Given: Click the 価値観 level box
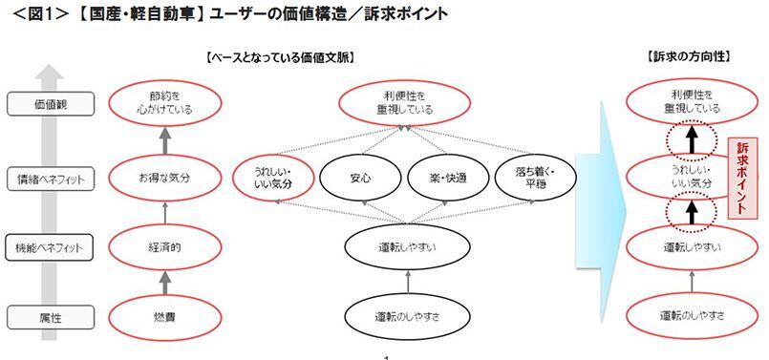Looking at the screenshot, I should coord(40,103).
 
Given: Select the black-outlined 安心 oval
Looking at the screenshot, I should coord(360,178).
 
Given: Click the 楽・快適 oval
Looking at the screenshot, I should coord(448,178).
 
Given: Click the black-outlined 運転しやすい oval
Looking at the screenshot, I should coord(408,246).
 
